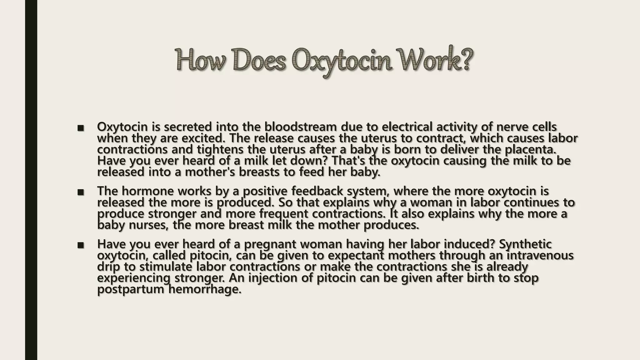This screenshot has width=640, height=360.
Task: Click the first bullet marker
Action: [x=81, y=128]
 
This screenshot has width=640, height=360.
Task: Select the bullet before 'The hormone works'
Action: [x=81, y=192]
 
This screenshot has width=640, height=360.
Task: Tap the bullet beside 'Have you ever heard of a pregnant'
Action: [x=81, y=245]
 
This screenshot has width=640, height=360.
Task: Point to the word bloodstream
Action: [x=300, y=127]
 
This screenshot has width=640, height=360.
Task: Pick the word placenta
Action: [x=531, y=150]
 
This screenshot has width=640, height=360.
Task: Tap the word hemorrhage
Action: [x=205, y=289]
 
